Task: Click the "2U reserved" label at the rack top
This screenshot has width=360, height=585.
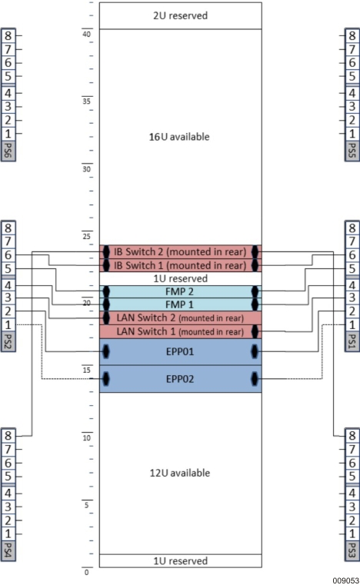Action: tap(181, 15)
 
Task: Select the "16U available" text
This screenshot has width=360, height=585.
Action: tap(179, 137)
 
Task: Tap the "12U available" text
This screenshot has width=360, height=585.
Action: tap(179, 473)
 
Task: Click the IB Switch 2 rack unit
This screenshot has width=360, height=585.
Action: tap(180, 251)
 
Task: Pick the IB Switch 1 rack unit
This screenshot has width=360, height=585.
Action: tap(180, 265)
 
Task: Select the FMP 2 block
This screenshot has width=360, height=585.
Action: tap(180, 292)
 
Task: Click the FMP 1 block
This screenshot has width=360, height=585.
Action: tap(180, 305)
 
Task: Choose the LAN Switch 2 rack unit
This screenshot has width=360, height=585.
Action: tap(180, 318)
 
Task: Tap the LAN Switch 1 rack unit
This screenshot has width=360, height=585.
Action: tap(180, 332)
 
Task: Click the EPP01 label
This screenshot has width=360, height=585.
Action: tap(180, 352)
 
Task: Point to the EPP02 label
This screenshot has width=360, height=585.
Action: tap(180, 379)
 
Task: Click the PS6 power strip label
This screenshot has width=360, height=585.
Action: tap(8, 148)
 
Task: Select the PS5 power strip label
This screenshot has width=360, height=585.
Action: tap(352, 148)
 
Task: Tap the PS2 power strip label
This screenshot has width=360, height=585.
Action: tap(8, 340)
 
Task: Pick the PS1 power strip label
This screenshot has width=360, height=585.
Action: tap(352, 340)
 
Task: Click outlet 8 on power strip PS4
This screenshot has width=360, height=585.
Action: tap(8, 434)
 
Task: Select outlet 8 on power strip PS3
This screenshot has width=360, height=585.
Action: tap(352, 434)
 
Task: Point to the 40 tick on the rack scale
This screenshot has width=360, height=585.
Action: tap(87, 33)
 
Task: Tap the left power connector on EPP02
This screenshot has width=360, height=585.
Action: tap(106, 379)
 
